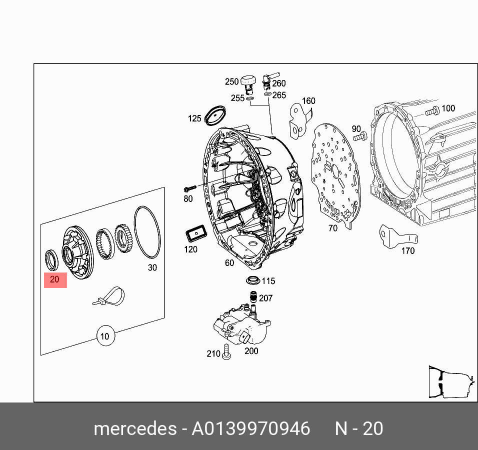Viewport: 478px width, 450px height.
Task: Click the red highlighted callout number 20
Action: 55,279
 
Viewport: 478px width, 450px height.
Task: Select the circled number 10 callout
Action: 105,336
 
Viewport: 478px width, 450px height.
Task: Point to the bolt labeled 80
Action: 189,189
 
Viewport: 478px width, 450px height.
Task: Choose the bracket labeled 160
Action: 299,120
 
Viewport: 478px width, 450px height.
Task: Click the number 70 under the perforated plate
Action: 332,228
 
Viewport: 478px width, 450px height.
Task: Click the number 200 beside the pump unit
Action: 251,351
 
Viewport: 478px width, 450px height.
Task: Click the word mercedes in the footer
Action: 134,428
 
